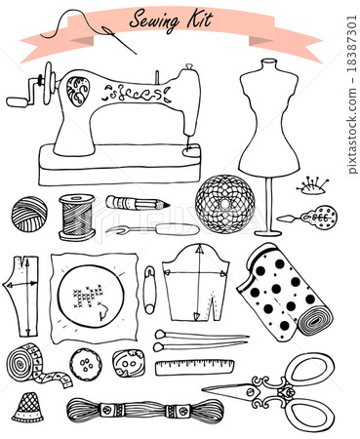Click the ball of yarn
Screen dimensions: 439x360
coord(29,213)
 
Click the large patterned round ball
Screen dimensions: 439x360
coord(224,204)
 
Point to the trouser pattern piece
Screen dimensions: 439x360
coord(21,293)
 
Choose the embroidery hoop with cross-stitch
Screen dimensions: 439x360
coord(93,298)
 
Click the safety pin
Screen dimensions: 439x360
coord(148,289)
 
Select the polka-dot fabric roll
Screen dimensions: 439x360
coord(282,291)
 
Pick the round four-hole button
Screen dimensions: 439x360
coord(86,367)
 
